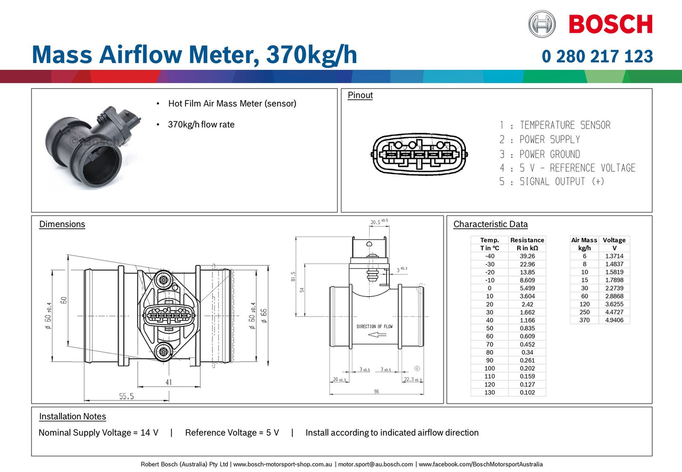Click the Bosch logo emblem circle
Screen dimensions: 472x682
coord(542,24)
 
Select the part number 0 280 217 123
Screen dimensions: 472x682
coord(597,56)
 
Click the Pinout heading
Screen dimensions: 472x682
coord(360,95)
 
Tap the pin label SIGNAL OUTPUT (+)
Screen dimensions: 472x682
coord(561,182)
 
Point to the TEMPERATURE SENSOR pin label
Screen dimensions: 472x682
coord(564,125)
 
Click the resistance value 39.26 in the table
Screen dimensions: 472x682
coord(527,256)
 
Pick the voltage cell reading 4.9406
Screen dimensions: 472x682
coord(614,320)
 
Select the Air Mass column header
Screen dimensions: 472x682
coord(584,240)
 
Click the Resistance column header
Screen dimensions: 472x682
coord(527,240)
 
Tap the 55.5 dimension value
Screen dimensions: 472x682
coord(126,396)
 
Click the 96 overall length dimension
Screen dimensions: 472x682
coord(376,391)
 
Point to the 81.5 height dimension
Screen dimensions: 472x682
coord(293,276)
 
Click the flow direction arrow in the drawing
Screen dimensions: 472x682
coord(377,335)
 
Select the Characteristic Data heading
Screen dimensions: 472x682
coord(490,224)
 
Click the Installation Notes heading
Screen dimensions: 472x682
coord(72,416)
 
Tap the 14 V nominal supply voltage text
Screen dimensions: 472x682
coord(149,432)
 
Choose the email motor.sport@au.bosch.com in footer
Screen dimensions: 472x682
coord(375,464)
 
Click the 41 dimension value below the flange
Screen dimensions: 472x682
coord(168,382)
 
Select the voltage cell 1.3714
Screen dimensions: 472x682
coord(614,256)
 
